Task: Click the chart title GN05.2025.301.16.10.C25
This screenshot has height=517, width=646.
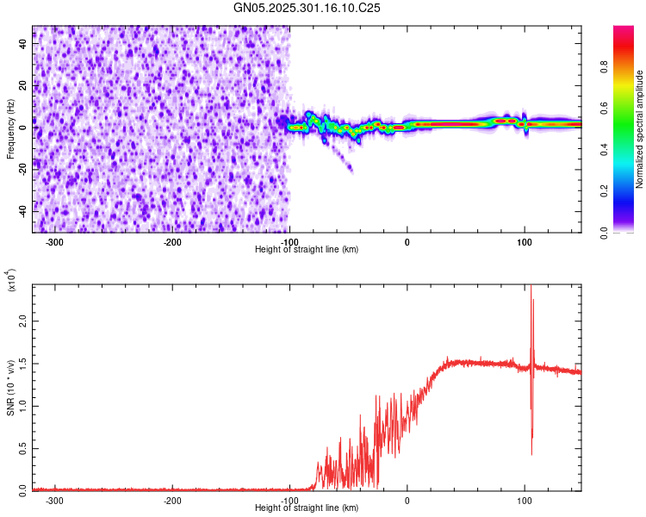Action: point(307,8)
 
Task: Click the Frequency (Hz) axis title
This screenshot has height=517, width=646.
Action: point(10,129)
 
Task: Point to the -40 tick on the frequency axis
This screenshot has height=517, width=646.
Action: point(23,210)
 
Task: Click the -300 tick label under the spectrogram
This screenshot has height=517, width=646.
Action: point(54,242)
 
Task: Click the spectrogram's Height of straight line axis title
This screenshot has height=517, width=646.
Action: point(307,250)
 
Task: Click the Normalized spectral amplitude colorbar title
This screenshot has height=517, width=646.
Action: point(640,129)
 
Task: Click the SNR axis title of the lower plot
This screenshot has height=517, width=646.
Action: point(10,388)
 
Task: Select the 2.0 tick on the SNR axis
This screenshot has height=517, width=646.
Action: point(23,321)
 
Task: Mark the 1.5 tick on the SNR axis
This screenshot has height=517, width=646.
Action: point(23,363)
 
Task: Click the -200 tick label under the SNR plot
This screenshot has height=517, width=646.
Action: point(171,501)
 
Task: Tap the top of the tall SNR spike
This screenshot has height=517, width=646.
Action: point(531,287)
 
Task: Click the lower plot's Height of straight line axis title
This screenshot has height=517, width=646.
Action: point(307,508)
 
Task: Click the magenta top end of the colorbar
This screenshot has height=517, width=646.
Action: point(624,30)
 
